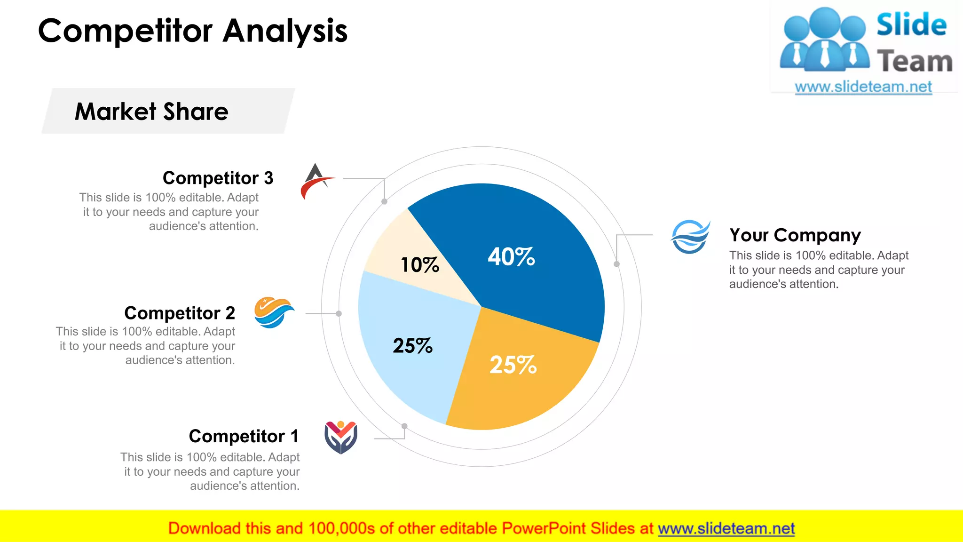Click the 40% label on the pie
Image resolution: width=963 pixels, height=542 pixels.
coord(511,257)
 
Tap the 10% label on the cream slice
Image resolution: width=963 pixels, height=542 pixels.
coord(419,265)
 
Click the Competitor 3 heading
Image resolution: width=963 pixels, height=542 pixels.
coord(218,178)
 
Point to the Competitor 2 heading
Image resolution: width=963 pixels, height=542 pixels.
coord(179,313)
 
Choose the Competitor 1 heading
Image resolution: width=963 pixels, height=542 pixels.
coord(244,436)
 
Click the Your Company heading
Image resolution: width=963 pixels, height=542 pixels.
coord(795,235)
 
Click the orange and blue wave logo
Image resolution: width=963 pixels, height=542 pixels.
coord(274,312)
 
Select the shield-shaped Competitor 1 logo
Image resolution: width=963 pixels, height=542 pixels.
coord(341,437)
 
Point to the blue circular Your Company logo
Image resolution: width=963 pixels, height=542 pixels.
coord(690,237)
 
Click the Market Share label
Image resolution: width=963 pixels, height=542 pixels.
coord(151,112)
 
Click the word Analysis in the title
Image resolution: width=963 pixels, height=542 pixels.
coord(285,31)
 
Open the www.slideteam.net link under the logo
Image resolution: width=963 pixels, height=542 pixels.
coord(863,87)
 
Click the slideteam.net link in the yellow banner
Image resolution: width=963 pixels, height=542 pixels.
coord(726,528)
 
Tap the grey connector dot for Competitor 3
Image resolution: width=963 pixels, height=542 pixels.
coord(384,201)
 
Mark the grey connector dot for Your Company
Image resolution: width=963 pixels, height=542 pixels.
coord(616,264)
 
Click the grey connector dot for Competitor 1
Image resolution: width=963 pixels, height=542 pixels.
coord(404,426)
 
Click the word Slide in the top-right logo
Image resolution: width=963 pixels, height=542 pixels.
coord(911,24)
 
